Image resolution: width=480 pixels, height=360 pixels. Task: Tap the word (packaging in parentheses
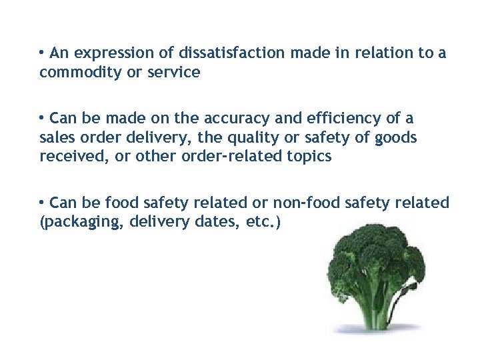coord(81,223)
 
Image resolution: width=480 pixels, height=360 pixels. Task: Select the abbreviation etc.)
coord(264,222)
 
